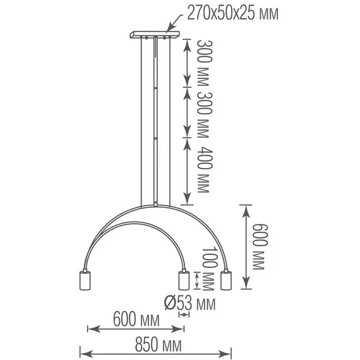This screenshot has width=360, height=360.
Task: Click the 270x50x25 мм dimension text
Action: (233, 13)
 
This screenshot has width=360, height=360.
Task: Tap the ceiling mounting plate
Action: (155, 35)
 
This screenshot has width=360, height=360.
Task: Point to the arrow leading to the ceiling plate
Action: (174, 23)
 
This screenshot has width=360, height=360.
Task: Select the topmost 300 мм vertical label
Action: (205, 63)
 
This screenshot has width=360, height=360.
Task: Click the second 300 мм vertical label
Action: (205, 115)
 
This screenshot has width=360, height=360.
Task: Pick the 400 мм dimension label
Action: (205, 170)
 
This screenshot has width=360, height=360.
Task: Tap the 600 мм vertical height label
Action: (260, 246)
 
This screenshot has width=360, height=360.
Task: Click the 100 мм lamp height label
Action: (210, 268)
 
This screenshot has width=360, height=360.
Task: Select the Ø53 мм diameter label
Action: (190, 303)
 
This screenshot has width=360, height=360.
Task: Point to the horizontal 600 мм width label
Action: (136, 319)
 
